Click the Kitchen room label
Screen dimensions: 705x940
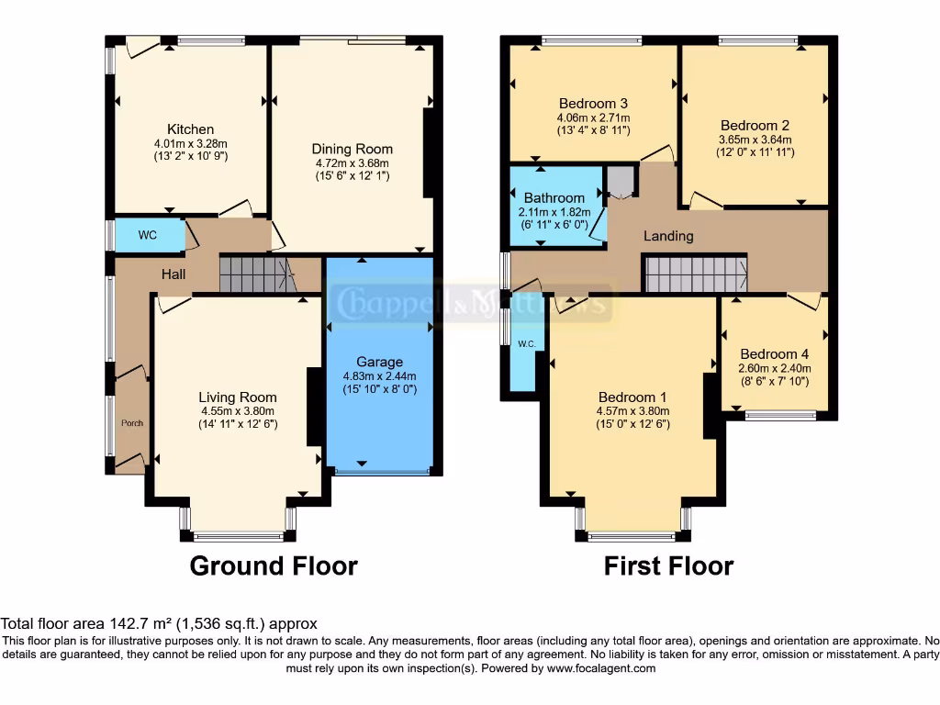190,129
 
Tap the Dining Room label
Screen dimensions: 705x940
352,149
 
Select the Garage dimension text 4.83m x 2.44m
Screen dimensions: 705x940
379,376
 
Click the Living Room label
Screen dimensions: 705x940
238,397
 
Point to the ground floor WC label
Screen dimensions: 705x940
148,235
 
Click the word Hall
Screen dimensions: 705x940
173,274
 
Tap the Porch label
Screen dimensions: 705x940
132,423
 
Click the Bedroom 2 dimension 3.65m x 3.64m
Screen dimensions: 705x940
755,140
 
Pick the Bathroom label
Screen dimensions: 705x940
554,197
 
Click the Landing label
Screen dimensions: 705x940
668,236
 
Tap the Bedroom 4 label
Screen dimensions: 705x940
775,354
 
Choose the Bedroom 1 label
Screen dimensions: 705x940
632,397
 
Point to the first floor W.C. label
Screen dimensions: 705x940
526,344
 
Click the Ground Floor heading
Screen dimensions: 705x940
274,565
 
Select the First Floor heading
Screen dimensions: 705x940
668,565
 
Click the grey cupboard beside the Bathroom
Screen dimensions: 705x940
621,181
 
